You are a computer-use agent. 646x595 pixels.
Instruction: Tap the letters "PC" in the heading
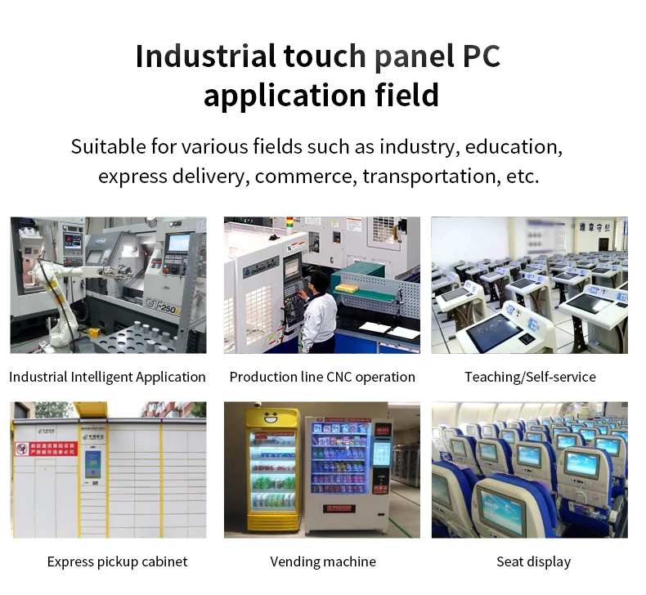tap(481, 56)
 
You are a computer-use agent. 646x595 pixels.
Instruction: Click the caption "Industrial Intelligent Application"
tap(107, 377)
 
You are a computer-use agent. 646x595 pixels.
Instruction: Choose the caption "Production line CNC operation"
tap(322, 377)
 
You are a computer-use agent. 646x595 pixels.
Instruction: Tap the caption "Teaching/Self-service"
tap(530, 377)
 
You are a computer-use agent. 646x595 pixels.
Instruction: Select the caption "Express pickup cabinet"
tap(117, 561)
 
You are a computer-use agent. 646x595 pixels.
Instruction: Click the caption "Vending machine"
tap(323, 561)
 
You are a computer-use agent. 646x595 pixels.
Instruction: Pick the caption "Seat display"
tap(533, 561)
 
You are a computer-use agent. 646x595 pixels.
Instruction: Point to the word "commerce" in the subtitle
tap(315, 176)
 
